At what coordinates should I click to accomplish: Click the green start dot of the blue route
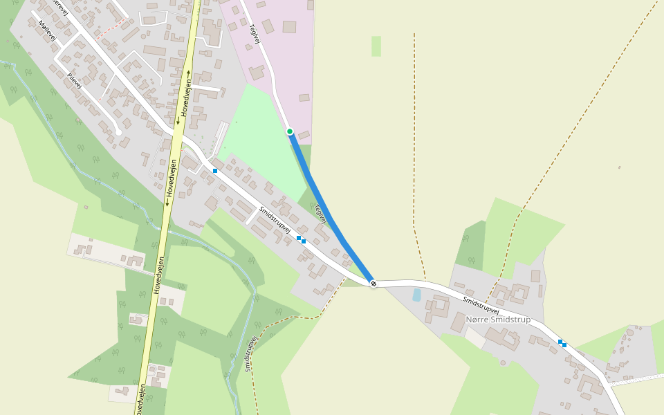click(x=290, y=131)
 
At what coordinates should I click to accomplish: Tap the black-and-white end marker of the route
click(x=373, y=283)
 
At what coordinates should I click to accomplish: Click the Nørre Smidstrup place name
click(x=498, y=320)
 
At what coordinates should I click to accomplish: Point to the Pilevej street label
click(x=75, y=80)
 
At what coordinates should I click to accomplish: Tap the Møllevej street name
click(x=47, y=30)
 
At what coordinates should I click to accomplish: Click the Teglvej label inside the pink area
click(x=255, y=35)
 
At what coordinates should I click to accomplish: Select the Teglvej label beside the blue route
click(x=320, y=212)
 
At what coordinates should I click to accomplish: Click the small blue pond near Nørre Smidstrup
click(x=416, y=295)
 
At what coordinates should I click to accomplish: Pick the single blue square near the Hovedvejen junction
click(x=215, y=170)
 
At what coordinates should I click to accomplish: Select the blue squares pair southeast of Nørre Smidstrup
click(x=562, y=343)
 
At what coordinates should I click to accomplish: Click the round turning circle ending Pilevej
click(x=119, y=131)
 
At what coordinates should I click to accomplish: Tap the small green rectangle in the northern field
click(x=376, y=46)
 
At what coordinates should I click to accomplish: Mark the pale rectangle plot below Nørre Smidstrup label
click(x=476, y=337)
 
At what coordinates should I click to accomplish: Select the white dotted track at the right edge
click(x=636, y=378)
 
